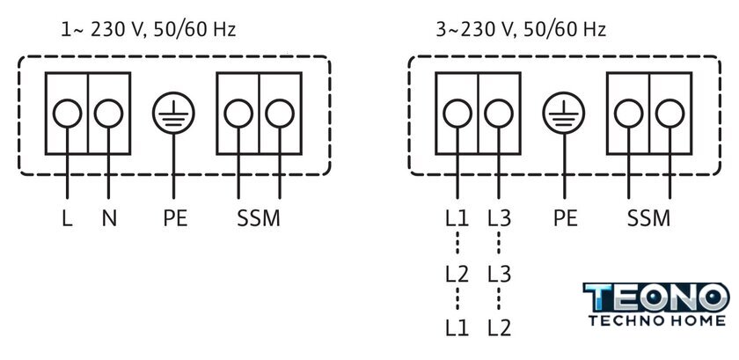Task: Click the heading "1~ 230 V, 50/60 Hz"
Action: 148,30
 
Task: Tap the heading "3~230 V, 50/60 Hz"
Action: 521,30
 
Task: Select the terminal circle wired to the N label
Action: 108,114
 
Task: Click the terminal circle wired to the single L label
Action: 67,114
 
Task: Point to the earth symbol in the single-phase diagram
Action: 173,114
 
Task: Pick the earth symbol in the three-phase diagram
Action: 564,114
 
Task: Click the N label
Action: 109,218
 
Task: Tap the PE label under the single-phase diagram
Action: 175,218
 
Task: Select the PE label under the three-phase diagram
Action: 565,218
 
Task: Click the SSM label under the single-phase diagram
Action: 259,218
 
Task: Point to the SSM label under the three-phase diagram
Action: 648,218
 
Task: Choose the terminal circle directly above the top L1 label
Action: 457,114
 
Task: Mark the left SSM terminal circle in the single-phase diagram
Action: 238,114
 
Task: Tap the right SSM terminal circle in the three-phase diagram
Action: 669,114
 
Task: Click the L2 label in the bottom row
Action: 499,328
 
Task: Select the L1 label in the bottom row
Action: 457,328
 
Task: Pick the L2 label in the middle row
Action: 457,274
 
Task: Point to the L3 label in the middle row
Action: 499,274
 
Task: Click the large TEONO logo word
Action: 656,298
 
